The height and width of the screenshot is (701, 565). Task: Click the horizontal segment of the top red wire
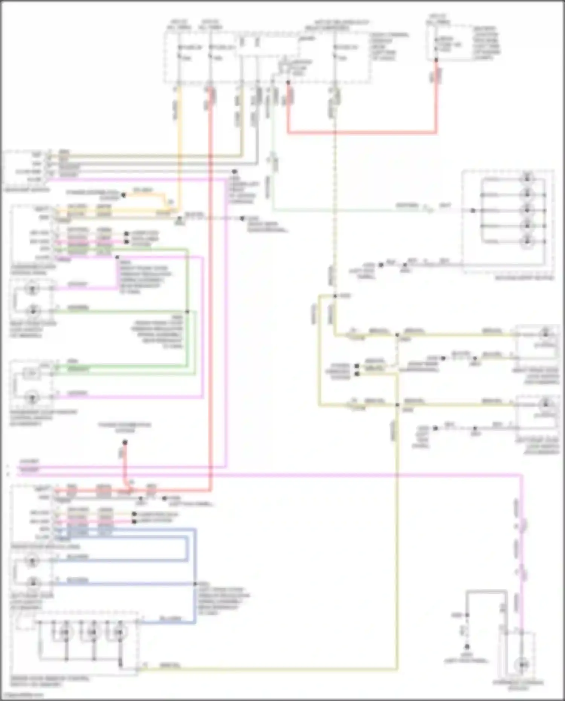pos(362,133)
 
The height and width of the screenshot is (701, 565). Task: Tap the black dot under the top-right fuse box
pos(436,60)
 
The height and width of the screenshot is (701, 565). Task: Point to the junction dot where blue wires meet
pos(195,584)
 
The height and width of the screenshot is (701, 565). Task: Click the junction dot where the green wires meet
pos(187,312)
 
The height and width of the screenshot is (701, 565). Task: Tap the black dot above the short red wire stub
pos(125,442)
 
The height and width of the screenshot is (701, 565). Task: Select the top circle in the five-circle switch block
pos(527,178)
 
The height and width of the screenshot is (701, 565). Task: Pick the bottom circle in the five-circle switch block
pos(527,241)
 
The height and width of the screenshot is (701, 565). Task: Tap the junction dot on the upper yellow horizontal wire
pos(397,334)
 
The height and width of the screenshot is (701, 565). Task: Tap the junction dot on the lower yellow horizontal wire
pos(397,405)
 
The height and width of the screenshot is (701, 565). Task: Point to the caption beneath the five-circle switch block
pos(524,278)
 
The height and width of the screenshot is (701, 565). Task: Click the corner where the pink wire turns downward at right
pos(522,475)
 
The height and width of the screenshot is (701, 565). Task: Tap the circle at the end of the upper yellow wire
pos(545,333)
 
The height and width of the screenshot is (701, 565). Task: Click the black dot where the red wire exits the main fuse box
pos(288,82)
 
